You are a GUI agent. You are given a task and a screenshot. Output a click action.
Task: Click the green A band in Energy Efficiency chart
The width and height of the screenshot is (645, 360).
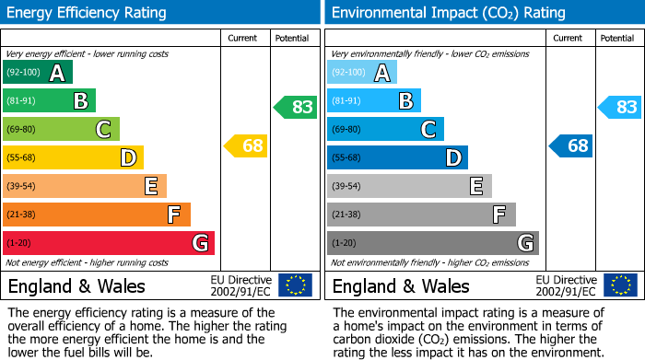(38, 73)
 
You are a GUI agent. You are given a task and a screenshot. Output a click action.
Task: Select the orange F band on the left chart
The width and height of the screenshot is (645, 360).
(97, 215)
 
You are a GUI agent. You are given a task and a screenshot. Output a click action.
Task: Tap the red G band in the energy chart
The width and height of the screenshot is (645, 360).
(109, 243)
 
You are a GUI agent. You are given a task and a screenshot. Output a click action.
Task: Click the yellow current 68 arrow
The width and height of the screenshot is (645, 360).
(246, 145)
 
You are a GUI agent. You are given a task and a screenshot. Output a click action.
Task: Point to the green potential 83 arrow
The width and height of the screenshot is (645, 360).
(297, 107)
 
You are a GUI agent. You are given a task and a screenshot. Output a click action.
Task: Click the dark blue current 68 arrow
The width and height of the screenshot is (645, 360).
(571, 145)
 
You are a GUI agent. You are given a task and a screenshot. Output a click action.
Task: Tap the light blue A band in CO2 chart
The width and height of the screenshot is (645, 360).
(362, 73)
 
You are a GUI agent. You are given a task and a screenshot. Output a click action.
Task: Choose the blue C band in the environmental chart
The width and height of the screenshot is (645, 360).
(385, 129)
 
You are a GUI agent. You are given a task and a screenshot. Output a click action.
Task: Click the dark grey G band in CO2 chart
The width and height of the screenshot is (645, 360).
(433, 243)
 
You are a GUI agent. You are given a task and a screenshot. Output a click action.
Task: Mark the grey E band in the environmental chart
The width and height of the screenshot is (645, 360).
(409, 186)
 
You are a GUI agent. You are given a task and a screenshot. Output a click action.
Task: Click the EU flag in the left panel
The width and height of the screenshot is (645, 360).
(295, 285)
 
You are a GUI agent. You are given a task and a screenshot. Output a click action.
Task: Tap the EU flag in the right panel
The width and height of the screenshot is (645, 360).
(619, 285)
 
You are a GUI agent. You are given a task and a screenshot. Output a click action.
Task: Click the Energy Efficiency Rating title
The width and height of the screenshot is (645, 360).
(87, 13)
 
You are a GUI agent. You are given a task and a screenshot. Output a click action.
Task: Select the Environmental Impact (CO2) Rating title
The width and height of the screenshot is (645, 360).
(448, 13)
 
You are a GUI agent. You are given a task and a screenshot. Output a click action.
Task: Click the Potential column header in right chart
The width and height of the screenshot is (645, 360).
(617, 38)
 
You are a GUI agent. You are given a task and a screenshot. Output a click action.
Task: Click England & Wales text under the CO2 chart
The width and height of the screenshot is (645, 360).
(401, 285)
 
